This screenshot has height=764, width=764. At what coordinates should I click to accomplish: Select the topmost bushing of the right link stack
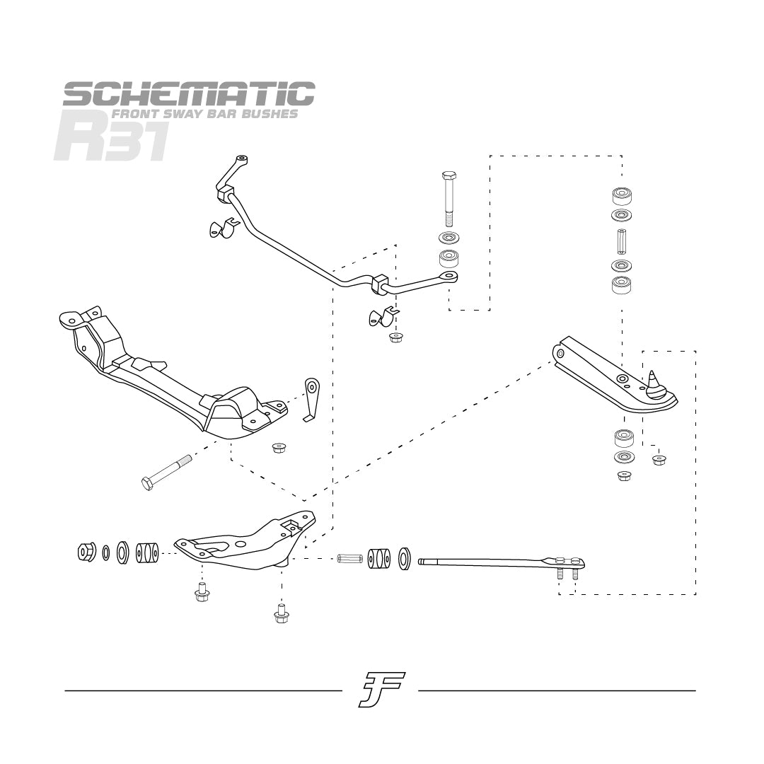click(x=621, y=195)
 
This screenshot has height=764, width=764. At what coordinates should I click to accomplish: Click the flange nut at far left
click(x=86, y=552)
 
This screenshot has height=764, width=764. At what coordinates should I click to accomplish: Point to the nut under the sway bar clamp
click(x=396, y=337)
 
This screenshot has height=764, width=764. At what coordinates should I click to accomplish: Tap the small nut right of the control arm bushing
click(x=659, y=460)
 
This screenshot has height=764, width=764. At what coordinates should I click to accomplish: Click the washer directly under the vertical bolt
click(x=447, y=237)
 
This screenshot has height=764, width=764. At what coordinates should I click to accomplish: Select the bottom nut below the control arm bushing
click(x=623, y=475)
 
